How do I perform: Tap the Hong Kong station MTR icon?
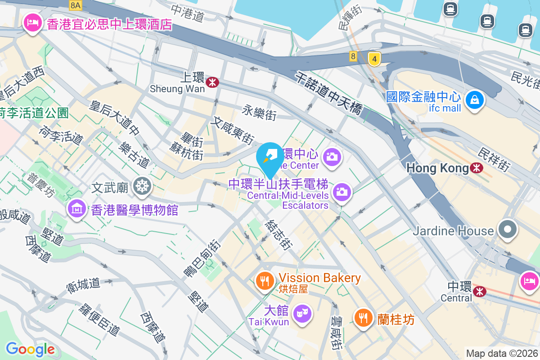[x=476, y=168]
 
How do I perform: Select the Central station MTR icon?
[x=480, y=292]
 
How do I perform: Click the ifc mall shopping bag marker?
[x=474, y=100]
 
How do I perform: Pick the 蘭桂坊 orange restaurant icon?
[x=363, y=318]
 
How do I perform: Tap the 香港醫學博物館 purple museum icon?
[x=76, y=209]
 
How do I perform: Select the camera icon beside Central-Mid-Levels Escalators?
[x=342, y=193]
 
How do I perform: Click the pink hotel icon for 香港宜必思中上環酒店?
[x=33, y=22]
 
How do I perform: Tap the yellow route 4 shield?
[x=374, y=58]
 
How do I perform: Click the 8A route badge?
[x=76, y=5]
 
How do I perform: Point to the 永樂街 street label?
[x=259, y=112]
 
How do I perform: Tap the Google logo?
[x=30, y=349]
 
